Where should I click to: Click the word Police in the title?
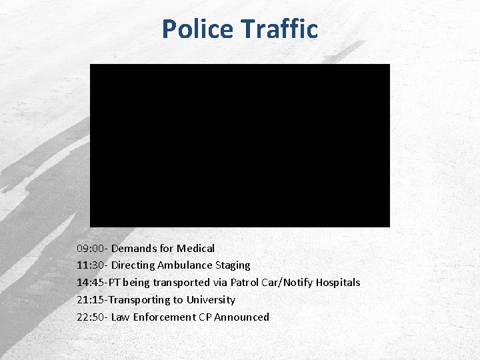click(197, 29)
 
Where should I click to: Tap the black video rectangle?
click(240, 145)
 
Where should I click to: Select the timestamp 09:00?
click(90, 248)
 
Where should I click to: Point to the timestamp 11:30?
click(90, 265)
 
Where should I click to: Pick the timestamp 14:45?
click(90, 283)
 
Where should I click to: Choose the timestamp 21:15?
click(90, 300)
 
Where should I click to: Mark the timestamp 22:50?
click(90, 317)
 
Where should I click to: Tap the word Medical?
click(195, 248)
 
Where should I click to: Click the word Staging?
click(232, 265)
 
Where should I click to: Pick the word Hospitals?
click(337, 283)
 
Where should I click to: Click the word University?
click(211, 300)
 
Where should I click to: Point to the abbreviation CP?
click(205, 317)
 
